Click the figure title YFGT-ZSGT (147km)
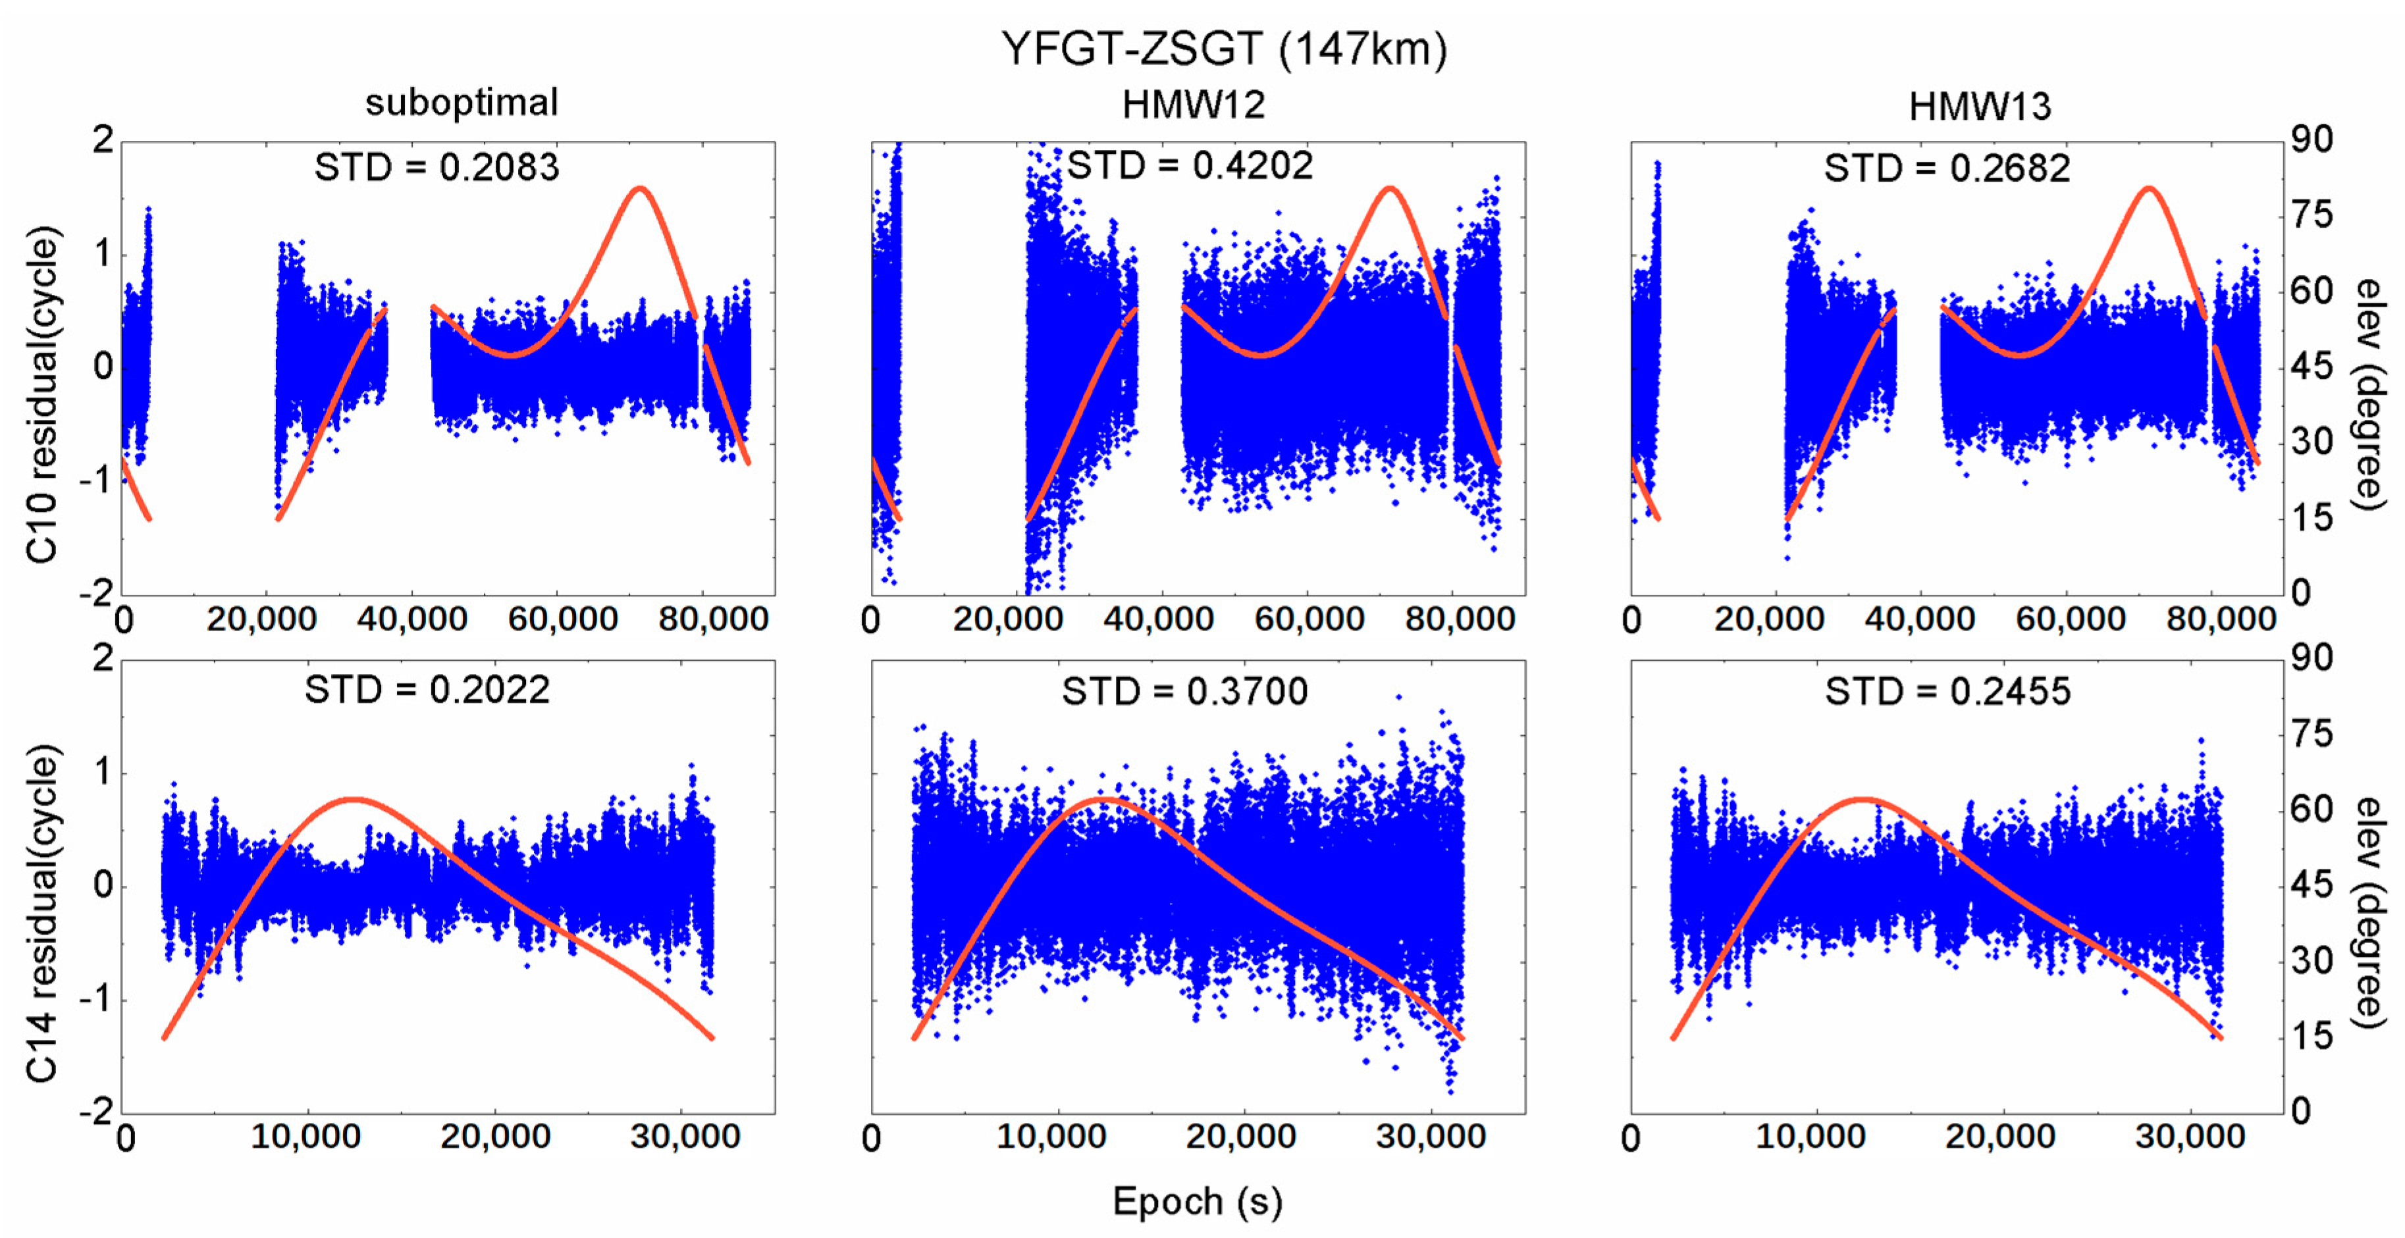[x=1224, y=49]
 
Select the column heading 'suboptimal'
[x=462, y=103]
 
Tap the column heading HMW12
[x=1193, y=105]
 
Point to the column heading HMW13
[x=1979, y=107]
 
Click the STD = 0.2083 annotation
[x=436, y=168]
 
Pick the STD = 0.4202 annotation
[x=1190, y=167]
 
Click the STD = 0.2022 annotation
[x=427, y=690]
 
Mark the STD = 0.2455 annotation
[x=1947, y=692]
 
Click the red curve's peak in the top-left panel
[x=639, y=189]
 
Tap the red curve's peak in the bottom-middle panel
[x=1105, y=799]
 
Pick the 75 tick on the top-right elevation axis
[x=2312, y=216]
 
